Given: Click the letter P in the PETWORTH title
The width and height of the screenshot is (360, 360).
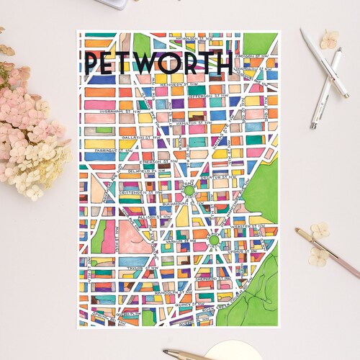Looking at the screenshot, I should click(91, 63).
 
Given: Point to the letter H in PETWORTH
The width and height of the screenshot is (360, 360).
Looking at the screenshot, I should click(224, 63).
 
